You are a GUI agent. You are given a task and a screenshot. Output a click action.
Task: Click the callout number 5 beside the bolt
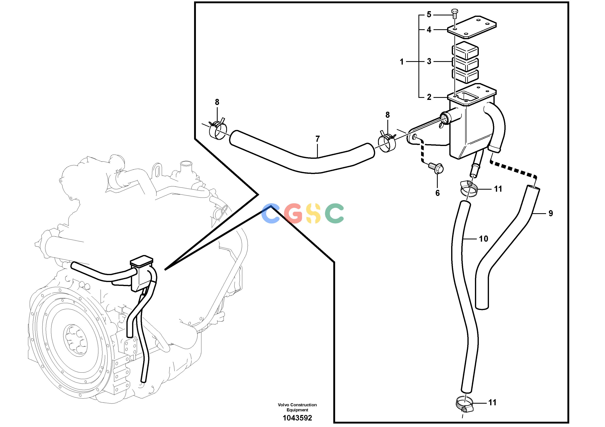click(x=429, y=14)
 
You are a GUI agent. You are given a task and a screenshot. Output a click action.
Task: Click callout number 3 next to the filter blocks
click(x=429, y=61)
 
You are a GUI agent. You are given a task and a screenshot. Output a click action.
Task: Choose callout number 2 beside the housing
click(x=429, y=97)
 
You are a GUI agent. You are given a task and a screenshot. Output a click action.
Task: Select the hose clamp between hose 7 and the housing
click(x=387, y=142)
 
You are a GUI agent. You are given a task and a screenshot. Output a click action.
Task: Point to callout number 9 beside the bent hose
click(x=551, y=213)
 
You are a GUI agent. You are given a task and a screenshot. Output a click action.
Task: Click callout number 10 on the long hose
click(x=483, y=239)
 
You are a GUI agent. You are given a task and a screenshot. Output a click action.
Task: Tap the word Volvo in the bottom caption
click(x=283, y=405)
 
